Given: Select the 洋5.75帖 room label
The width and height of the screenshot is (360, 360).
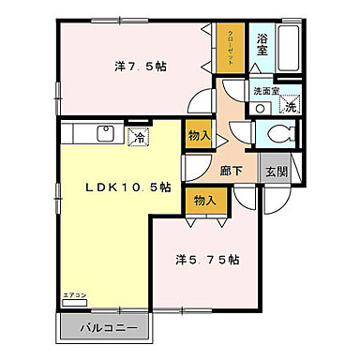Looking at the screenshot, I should point(206,259).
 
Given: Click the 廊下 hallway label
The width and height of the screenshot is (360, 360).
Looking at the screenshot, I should point(232,171).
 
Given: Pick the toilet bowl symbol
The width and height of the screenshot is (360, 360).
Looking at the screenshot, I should point(276,134).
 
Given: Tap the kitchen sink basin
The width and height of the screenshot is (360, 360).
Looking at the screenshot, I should point(102,135).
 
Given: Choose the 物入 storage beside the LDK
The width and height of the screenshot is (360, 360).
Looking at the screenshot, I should point(198,135).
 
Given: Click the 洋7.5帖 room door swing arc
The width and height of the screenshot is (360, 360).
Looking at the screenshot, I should point(200,100).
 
